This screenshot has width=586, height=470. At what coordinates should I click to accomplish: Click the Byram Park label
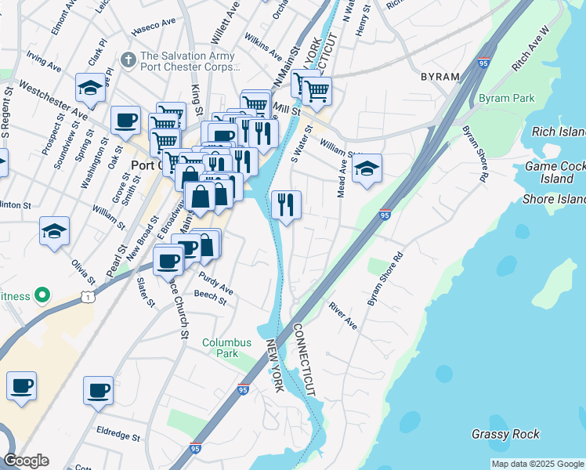[505, 99]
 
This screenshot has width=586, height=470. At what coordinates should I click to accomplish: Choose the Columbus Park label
[226, 348]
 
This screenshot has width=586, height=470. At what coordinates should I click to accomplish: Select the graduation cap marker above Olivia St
[54, 231]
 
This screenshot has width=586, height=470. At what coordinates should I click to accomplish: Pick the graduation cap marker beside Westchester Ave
[91, 88]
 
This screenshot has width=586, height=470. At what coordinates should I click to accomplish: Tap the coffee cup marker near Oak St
[125, 121]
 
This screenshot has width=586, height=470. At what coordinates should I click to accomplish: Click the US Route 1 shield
[85, 295]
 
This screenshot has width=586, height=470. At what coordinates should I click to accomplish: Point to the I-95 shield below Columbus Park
[243, 389]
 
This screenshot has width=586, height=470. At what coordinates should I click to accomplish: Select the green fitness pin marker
[43, 295]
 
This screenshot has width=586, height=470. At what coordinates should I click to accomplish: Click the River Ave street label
[342, 315]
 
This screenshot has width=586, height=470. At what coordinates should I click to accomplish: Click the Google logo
[26, 461]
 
